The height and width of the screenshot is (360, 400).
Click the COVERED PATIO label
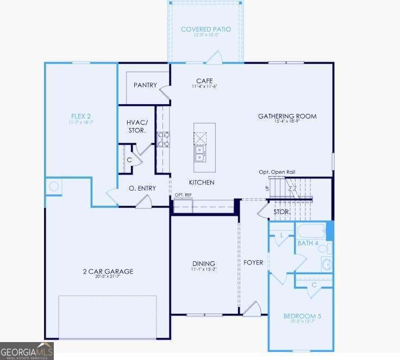point(205,29)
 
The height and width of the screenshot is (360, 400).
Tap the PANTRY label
point(145,85)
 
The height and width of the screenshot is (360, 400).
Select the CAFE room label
point(205,81)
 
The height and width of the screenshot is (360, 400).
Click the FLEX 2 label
point(81,116)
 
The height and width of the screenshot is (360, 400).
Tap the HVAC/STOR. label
point(137,127)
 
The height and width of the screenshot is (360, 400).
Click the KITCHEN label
point(201,182)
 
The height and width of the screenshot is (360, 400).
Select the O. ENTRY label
point(142,188)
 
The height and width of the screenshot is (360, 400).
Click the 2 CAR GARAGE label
point(108,271)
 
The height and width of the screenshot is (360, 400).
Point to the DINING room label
point(203,264)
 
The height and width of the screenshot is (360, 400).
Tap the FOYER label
point(253,263)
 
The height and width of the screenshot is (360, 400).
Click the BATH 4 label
point(308,243)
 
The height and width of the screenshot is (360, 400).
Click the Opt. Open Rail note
point(277,172)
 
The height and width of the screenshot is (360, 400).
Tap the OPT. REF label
point(183,195)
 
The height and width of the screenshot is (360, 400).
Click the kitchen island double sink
point(201,154)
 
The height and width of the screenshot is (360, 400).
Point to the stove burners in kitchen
point(163,140)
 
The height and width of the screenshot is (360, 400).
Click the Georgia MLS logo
point(27,350)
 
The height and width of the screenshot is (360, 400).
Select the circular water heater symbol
point(54,187)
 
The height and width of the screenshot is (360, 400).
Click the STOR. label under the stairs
point(282,212)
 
